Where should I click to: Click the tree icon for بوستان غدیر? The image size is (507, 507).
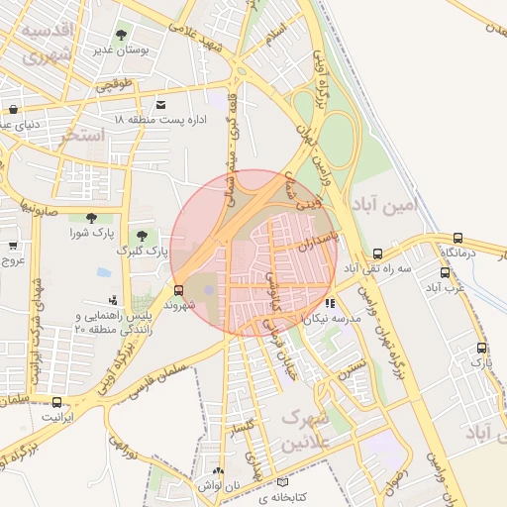(122, 36)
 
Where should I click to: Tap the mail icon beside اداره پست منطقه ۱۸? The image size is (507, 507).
(161, 104)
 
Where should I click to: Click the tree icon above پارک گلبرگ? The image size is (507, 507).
(144, 236)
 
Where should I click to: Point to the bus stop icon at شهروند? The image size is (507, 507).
(178, 290)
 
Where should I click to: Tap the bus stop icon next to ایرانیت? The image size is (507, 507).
(56, 402)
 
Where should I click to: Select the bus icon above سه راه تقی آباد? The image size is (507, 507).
(378, 253)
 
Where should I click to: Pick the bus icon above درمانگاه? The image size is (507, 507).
(457, 238)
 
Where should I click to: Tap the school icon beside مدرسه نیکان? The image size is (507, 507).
(329, 304)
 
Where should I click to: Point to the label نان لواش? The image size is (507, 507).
(222, 487)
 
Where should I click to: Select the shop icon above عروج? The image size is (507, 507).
(13, 245)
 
